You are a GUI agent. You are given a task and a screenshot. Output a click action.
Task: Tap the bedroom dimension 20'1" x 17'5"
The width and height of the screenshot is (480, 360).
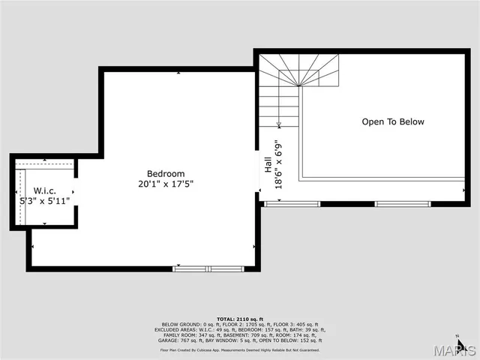(166, 184)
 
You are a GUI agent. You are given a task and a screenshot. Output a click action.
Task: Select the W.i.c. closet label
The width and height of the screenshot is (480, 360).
(44, 191)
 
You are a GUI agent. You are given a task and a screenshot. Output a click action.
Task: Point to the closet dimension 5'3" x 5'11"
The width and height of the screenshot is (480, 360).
(44, 201)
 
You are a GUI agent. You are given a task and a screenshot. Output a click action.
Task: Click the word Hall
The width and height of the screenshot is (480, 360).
(268, 164)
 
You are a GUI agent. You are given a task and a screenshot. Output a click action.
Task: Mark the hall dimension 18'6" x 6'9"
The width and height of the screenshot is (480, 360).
(279, 164)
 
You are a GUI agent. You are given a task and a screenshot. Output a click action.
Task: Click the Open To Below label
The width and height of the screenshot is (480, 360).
(393, 121)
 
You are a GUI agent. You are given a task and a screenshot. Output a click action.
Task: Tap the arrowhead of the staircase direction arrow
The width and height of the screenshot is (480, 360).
(279, 125)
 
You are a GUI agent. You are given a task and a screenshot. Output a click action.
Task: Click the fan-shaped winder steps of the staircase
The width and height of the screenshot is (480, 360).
(298, 70)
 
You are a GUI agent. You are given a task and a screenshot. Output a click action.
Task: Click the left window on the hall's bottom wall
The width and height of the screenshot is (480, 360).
(292, 203)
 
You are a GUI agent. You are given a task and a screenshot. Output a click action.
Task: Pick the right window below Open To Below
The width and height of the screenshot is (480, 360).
(403, 203)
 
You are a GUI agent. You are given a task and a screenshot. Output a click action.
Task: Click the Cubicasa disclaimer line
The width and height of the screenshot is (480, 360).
(240, 349)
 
